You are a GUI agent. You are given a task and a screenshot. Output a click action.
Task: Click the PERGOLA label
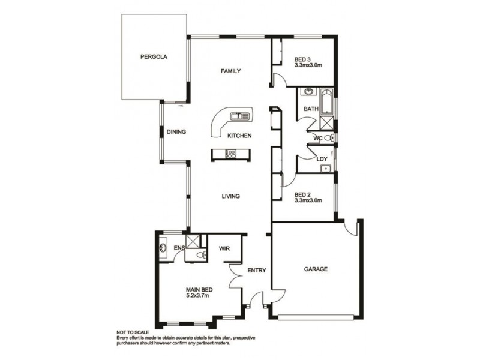[x=153, y=58]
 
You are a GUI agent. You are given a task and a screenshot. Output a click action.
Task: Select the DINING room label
[x=176, y=133]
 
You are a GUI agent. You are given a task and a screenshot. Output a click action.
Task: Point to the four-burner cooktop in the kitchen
[x=231, y=155]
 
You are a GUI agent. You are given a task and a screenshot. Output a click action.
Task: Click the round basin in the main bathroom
[x=308, y=92]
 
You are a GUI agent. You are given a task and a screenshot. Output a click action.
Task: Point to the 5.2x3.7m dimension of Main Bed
[x=199, y=295]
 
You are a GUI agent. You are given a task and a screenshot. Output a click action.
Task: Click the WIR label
[x=224, y=248]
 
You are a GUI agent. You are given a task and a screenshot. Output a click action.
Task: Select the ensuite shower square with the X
[x=194, y=241]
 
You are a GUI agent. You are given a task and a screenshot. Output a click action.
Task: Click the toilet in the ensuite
[x=200, y=256]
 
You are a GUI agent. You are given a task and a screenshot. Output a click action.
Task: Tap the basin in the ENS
[x=163, y=248]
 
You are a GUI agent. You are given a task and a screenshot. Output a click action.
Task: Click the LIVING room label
[x=231, y=196]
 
